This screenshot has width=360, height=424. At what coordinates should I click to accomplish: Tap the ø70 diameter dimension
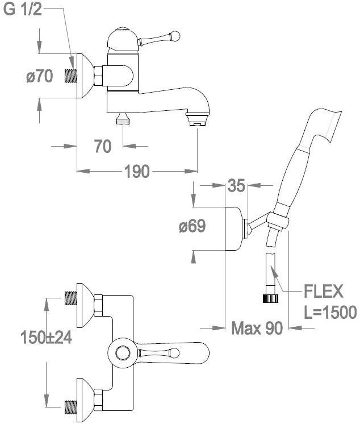tap(39, 76)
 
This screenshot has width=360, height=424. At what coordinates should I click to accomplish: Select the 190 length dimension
tap(137, 171)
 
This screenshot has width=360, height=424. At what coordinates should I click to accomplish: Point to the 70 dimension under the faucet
tap(103, 146)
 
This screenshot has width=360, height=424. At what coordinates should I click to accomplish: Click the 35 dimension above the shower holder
tap(236, 185)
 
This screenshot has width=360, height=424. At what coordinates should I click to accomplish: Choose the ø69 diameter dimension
tap(191, 226)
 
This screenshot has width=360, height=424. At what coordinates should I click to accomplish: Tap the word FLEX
tap(324, 292)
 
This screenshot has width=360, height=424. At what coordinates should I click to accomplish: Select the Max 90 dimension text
tap(257, 328)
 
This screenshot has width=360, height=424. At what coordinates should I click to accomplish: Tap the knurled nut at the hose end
tap(271, 297)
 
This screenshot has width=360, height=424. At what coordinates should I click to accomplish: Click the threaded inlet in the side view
tap(73, 76)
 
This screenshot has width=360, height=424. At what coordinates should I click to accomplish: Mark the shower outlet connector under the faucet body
tap(123, 119)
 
